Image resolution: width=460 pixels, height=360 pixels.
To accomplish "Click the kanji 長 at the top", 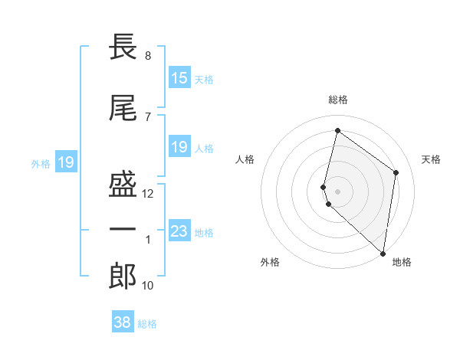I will point(123,48).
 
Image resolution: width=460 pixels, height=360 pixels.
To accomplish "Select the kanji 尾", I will point(123,108).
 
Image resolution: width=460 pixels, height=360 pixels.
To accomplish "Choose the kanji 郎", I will point(123,277).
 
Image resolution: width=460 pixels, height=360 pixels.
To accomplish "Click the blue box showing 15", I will point(179,78).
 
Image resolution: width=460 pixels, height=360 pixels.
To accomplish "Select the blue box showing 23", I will point(179,231).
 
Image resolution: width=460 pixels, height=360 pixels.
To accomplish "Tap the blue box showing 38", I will point(123,322).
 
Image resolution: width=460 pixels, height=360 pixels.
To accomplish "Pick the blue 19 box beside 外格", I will point(65,162).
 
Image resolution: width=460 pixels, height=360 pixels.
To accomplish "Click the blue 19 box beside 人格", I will point(179,147).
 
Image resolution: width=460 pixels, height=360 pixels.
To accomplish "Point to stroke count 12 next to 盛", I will point(149,194).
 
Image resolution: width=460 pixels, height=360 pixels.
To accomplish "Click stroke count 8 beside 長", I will point(147,56).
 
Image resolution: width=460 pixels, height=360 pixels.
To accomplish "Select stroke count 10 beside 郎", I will point(149,286).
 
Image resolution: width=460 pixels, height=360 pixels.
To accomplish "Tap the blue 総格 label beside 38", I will point(147,324).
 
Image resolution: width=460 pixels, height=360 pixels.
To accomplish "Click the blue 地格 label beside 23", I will point(204,233).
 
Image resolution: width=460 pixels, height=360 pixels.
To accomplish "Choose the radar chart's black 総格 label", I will point(337,100).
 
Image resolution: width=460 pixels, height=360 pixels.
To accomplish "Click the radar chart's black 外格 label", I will point(270,262).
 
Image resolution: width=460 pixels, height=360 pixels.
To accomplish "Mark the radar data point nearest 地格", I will point(383,253).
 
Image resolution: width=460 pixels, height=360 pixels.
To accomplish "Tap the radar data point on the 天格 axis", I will point(396,172).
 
